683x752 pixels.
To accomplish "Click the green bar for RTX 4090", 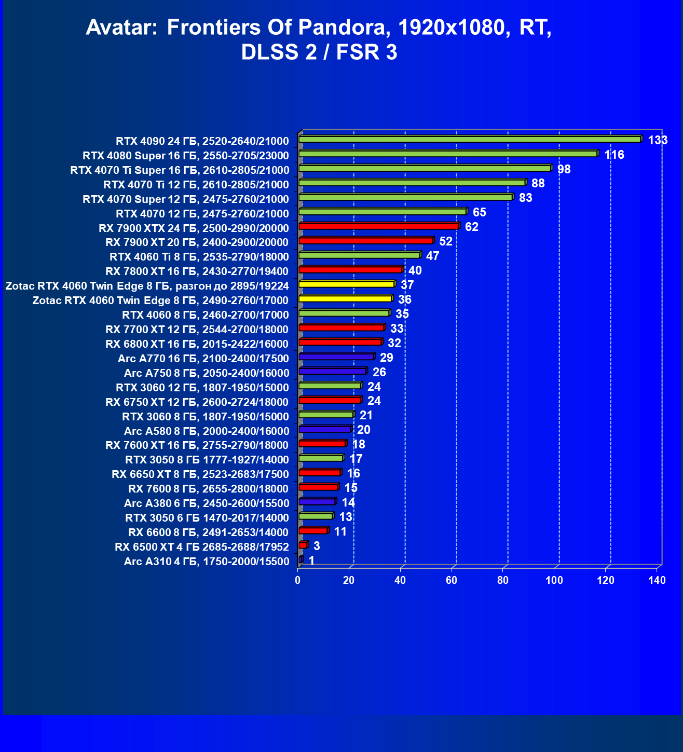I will pyautogui.click(x=470, y=140).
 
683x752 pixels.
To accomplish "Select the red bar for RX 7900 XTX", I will pyautogui.click(x=379, y=227).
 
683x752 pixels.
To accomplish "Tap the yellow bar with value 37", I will pyautogui.click(x=346, y=284).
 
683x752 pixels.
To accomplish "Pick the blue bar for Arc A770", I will pyautogui.click(x=336, y=357).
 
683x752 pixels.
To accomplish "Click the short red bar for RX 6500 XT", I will pyautogui.click(x=303, y=545).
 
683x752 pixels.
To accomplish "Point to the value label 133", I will pyautogui.click(x=658, y=140).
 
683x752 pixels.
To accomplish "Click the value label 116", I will pyautogui.click(x=614, y=155).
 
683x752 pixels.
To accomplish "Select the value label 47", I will pyautogui.click(x=432, y=256).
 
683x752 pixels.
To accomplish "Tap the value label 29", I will pyautogui.click(x=386, y=358).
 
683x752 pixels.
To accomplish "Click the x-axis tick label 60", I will pyautogui.click(x=452, y=580).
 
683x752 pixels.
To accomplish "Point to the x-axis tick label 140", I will pyautogui.click(x=657, y=580).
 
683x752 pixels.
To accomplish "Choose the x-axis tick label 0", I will pyautogui.click(x=298, y=580).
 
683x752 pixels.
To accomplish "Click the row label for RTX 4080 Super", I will pyautogui.click(x=185, y=156).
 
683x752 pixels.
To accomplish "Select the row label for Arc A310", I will pyautogui.click(x=206, y=562).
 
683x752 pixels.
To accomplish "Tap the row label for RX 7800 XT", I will pyautogui.click(x=197, y=271).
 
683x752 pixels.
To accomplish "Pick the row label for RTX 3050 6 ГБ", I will pyautogui.click(x=207, y=518).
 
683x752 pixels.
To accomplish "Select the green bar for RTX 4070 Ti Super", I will pyautogui.click(x=425, y=169).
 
